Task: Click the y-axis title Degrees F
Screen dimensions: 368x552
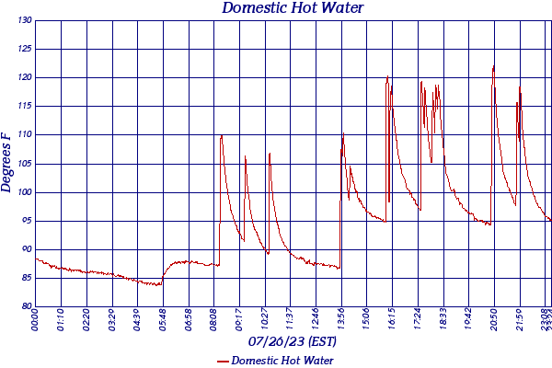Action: coord(7,163)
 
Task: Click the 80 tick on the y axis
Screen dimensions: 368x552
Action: coord(26,306)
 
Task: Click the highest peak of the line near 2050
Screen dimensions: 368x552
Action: coord(494,66)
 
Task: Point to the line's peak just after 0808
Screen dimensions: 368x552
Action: coord(222,135)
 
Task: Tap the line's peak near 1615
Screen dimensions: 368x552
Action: coord(387,76)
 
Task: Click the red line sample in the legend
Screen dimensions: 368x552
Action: coord(223,361)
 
